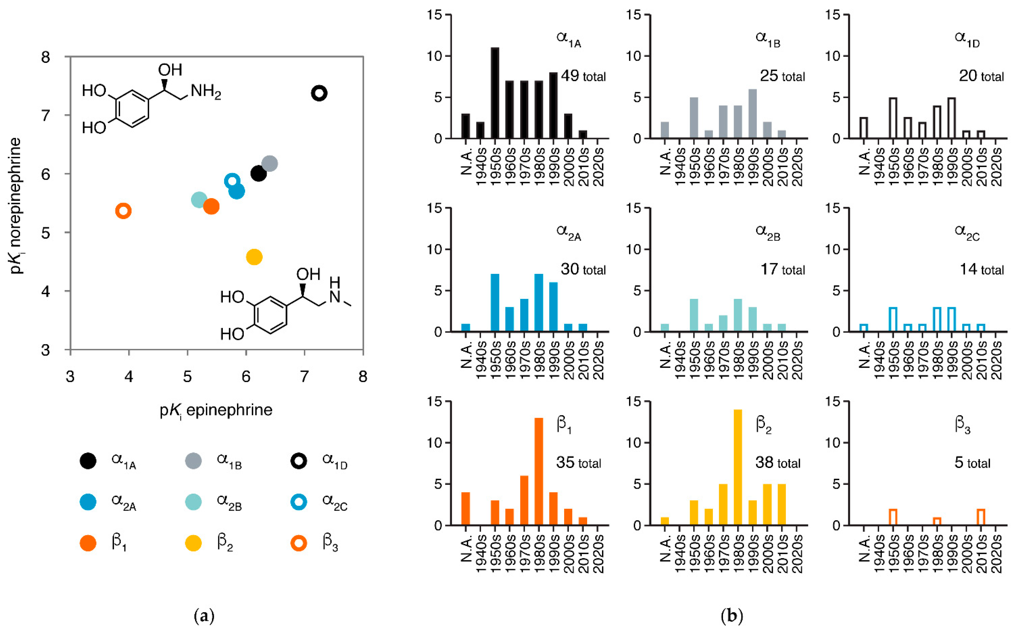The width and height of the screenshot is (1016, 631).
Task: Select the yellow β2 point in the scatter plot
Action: [254, 257]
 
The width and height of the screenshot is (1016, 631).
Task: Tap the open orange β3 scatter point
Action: [123, 211]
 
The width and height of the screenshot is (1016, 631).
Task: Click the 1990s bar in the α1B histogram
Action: [753, 114]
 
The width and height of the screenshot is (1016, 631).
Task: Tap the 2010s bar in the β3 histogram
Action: [981, 517]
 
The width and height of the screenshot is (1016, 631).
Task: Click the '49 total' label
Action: [583, 76]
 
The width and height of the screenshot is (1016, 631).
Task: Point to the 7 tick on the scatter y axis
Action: [46, 115]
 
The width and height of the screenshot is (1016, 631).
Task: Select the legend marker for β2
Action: [193, 543]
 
